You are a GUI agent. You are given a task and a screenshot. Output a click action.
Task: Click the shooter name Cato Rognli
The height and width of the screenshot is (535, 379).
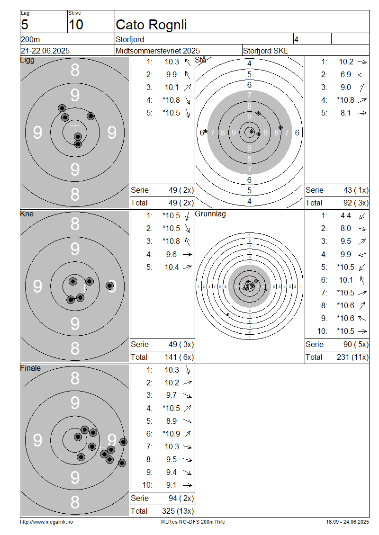tap(151, 25)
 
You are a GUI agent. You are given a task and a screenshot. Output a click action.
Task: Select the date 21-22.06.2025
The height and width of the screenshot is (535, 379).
tap(45, 51)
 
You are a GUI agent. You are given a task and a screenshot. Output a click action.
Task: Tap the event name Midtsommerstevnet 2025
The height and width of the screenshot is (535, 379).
tap(158, 51)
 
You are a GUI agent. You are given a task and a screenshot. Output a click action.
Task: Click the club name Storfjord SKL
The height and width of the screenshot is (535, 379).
tap(265, 51)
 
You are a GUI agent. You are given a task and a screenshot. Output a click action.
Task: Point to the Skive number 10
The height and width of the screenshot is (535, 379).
tap(75, 25)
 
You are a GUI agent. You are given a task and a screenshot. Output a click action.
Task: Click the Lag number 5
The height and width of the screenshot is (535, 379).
tap(25, 25)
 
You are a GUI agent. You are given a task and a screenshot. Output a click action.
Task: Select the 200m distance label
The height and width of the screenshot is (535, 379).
tap(30, 40)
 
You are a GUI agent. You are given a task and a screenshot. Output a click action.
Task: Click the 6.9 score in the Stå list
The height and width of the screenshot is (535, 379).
tap(345, 75)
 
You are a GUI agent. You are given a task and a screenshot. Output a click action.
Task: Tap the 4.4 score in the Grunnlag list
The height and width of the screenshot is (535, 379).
tap(345, 216)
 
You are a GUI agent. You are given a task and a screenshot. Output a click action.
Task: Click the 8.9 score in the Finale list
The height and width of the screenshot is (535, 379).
tap(171, 421)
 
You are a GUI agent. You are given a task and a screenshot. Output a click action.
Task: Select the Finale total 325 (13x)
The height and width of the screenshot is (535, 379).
tap(178, 511)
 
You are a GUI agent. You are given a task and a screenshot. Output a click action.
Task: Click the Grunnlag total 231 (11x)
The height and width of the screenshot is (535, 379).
tap(352, 357)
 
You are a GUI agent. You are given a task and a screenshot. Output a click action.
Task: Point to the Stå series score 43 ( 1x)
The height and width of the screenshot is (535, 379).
tap(356, 190)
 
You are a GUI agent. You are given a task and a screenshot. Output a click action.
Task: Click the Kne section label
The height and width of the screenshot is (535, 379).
tap(27, 214)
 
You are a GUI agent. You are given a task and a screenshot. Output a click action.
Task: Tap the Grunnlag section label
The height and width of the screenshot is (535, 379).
tap(210, 214)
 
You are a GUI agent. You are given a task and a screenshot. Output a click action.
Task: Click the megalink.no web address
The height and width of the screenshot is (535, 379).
tap(46, 522)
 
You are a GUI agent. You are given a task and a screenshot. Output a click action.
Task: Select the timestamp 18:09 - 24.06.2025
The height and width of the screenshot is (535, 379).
tap(347, 522)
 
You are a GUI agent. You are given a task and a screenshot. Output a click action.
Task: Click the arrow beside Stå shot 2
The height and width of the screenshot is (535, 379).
tap(362, 75)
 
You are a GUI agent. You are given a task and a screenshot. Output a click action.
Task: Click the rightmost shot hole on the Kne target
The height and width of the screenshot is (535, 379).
tap(110, 285)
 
